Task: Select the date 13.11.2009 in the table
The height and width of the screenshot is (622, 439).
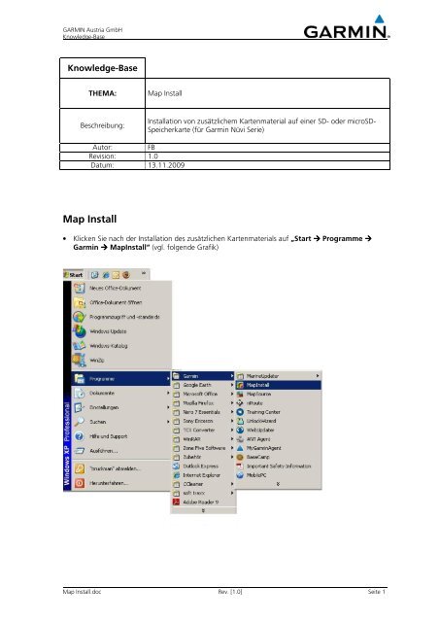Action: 167,165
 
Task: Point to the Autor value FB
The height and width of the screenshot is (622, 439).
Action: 152,146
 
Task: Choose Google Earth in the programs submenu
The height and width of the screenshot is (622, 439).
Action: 196,384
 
